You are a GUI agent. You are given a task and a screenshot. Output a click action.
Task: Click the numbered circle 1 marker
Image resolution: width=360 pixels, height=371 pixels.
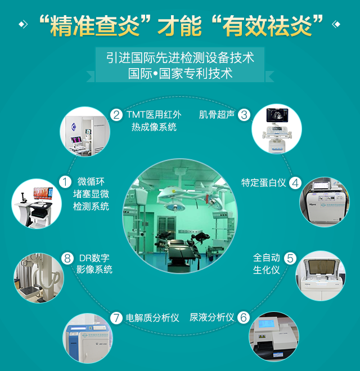tap(65, 182)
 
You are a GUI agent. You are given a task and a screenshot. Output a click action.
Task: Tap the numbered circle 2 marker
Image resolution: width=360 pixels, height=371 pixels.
tap(116, 115)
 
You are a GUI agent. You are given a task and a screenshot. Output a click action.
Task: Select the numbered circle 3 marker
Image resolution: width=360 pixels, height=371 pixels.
tap(244, 115)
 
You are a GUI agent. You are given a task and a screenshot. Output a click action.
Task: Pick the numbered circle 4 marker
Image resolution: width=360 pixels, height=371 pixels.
tap(295, 183)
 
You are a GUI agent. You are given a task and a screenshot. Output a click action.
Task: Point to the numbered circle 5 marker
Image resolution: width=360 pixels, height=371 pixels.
tap(290, 258)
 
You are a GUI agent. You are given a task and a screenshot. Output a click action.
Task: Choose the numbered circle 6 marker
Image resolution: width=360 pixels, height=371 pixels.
tap(244, 318)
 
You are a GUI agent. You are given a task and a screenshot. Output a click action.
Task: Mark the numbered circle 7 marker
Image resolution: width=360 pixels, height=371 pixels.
tap(116, 318)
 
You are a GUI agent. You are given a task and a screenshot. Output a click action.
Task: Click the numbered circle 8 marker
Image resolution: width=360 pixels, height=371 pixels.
tap(67, 258)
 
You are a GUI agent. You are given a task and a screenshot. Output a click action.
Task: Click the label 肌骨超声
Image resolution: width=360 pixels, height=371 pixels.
tap(217, 114)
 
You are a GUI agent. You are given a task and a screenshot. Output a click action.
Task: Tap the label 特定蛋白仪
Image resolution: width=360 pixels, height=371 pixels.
tap(264, 182)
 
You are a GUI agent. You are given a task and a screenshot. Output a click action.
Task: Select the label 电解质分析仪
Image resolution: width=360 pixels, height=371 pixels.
tap(152, 318)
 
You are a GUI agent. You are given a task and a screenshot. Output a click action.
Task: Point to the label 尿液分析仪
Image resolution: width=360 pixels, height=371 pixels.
tap(212, 318)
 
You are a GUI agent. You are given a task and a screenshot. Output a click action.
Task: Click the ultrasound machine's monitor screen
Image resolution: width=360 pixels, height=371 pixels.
tap(277, 115)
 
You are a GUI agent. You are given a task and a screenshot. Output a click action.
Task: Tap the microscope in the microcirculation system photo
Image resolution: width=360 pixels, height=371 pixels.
tap(23, 198)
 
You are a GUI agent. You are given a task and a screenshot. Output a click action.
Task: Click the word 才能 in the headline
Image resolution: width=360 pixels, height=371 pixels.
tap(180, 26)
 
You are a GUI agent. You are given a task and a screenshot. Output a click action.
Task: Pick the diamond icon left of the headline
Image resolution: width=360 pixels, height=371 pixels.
tap(23, 24)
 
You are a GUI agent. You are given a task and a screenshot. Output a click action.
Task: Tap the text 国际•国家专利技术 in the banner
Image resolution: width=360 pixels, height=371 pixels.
tap(180, 74)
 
